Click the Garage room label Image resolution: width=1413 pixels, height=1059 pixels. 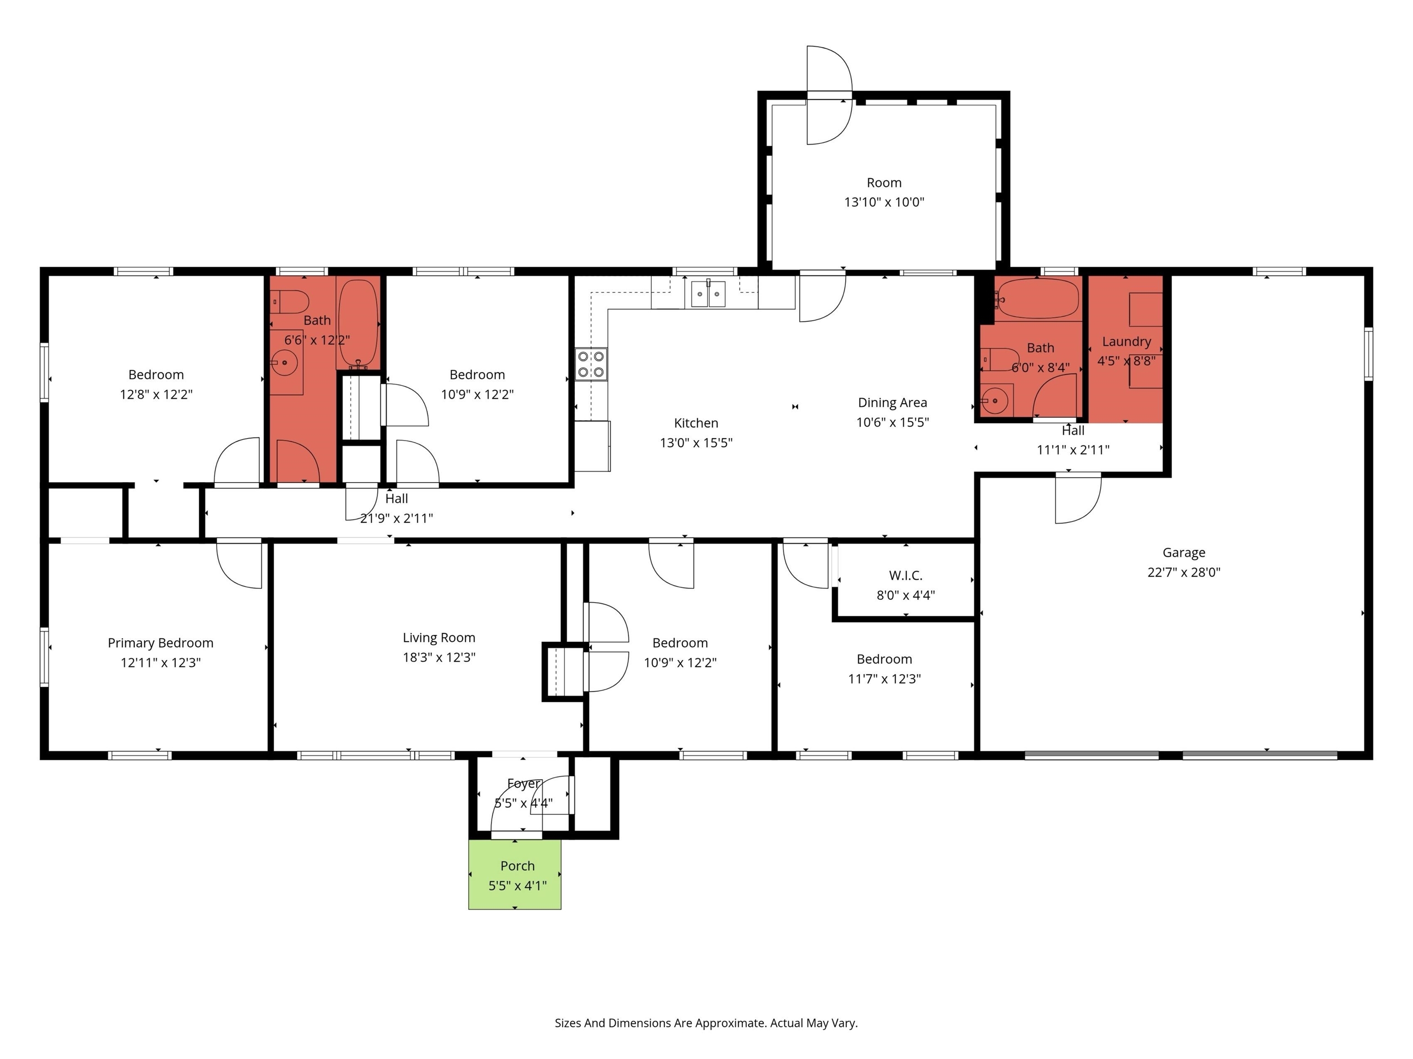click(1183, 553)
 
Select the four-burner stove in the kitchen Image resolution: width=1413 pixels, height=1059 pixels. click(591, 364)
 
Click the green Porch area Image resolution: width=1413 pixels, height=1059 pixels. click(515, 875)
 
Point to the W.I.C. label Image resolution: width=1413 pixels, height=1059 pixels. click(905, 576)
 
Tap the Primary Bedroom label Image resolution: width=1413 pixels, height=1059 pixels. click(161, 643)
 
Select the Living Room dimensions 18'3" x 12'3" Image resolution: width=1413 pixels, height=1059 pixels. click(439, 657)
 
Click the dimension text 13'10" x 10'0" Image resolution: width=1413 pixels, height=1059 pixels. click(884, 202)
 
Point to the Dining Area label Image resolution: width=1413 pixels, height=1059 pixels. click(892, 403)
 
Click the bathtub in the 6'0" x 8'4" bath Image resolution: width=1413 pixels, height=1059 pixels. click(1039, 299)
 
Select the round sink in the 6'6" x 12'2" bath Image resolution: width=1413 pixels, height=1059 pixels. click(284, 363)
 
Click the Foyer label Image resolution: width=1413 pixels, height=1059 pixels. click(523, 784)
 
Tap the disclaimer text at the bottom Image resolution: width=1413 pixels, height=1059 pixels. click(706, 1023)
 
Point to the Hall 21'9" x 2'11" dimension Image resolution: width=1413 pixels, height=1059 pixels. click(396, 518)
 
